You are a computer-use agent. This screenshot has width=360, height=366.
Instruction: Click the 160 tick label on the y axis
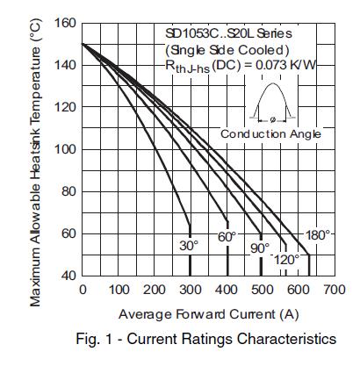point(64,22)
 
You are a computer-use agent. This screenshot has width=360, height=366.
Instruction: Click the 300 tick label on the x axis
point(191,290)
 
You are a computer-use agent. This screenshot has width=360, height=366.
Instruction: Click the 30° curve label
point(190,246)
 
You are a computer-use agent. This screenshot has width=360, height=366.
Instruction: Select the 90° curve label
point(259,248)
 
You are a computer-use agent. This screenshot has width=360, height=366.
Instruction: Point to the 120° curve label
point(286,260)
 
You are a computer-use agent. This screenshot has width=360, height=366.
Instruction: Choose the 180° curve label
point(317,235)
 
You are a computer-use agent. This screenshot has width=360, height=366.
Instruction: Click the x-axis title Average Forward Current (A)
point(207,314)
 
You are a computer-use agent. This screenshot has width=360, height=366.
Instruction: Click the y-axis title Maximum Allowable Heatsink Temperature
point(36,162)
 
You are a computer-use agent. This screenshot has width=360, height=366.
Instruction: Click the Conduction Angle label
point(270,133)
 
